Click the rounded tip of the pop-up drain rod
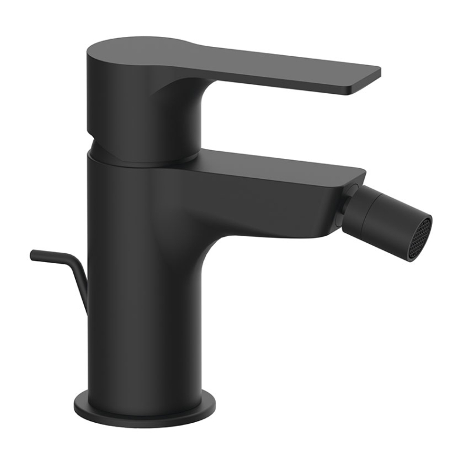pos(33,254)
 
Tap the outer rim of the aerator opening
pos(427,223)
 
